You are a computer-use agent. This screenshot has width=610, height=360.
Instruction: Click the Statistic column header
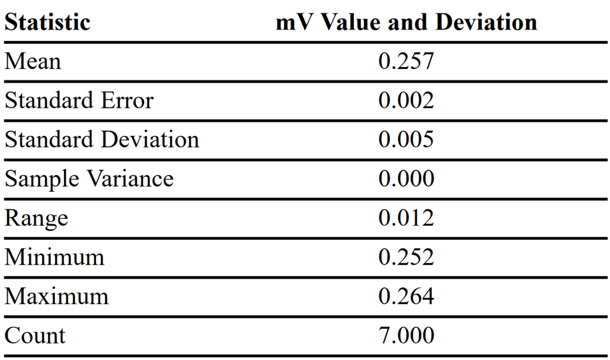[47, 22]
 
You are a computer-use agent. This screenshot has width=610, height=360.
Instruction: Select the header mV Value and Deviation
[406, 22]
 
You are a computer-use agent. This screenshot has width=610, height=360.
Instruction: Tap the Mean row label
[33, 62]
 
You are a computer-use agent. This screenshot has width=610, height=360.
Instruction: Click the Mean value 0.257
[406, 62]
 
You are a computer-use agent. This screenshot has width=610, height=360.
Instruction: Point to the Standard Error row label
[79, 101]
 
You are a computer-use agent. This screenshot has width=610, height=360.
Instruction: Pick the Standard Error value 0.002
[406, 101]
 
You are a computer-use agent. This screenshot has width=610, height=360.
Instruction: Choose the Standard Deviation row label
[102, 140]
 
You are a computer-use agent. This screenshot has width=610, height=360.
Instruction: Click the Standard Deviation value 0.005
[406, 140]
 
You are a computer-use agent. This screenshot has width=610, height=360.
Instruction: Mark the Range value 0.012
[406, 218]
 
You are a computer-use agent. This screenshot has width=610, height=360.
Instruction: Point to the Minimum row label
[54, 258]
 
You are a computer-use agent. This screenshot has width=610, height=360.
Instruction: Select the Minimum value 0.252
[406, 258]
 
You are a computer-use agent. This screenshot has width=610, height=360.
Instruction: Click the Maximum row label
[56, 297]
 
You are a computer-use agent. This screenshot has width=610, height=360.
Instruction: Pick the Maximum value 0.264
[406, 297]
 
